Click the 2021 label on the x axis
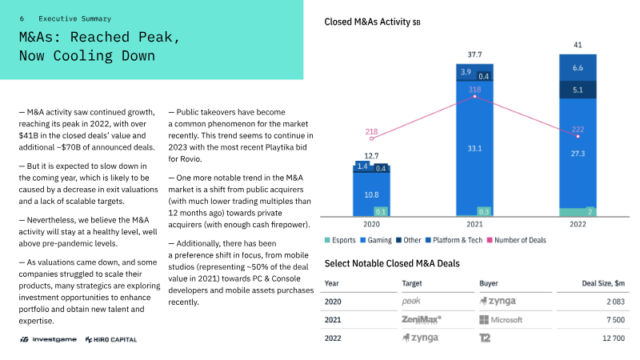point(474,224)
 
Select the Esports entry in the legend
point(340,240)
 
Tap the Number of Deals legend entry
point(516,240)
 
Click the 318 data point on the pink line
point(474,96)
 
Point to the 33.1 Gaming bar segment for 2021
point(474,148)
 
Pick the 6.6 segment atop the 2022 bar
point(578,68)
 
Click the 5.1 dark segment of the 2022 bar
point(578,90)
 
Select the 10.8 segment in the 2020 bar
point(371,194)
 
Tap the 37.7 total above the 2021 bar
point(474,54)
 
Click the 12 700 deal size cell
point(614,338)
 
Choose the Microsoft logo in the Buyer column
point(501,319)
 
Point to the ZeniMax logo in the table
point(422,319)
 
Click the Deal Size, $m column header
point(603,283)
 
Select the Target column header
point(412,283)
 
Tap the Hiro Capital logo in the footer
point(111,339)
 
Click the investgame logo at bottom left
point(48,339)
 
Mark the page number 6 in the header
point(22,18)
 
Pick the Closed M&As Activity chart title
point(372,22)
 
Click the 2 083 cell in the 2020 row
point(615,302)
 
